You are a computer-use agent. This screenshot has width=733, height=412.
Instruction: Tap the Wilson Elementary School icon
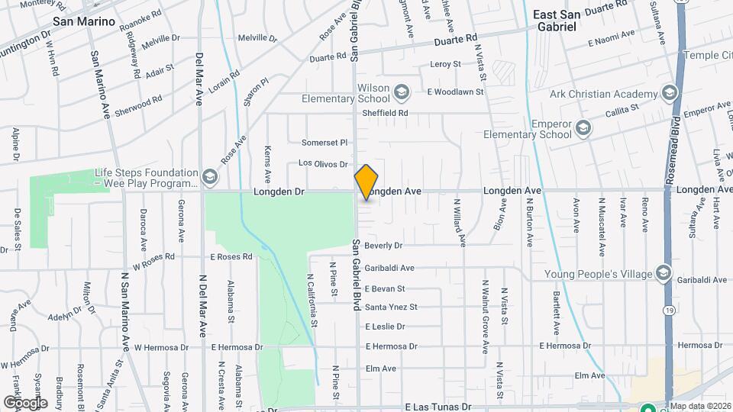[402, 93]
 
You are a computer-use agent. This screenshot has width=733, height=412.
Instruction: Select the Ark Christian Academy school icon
[669, 94]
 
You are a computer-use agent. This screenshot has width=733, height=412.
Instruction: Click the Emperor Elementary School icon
[583, 127]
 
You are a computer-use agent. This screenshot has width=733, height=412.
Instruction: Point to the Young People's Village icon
[663, 274]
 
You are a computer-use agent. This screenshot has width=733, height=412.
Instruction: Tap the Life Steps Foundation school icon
[209, 178]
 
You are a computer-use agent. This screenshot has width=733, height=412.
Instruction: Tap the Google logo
[25, 402]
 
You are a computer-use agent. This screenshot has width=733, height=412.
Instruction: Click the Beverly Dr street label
[383, 246]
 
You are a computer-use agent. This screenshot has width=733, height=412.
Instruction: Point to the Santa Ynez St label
[391, 307]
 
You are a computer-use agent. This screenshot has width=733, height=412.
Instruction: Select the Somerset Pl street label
[325, 142]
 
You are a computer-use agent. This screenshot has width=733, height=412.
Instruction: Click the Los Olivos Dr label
[323, 163]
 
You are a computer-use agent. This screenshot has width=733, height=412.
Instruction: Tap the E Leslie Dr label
[385, 327]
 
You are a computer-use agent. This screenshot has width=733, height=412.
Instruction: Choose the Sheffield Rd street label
[385, 113]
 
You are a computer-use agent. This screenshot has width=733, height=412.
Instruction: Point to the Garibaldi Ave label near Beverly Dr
[389, 268]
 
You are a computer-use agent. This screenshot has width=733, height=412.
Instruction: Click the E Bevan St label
[385, 289]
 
